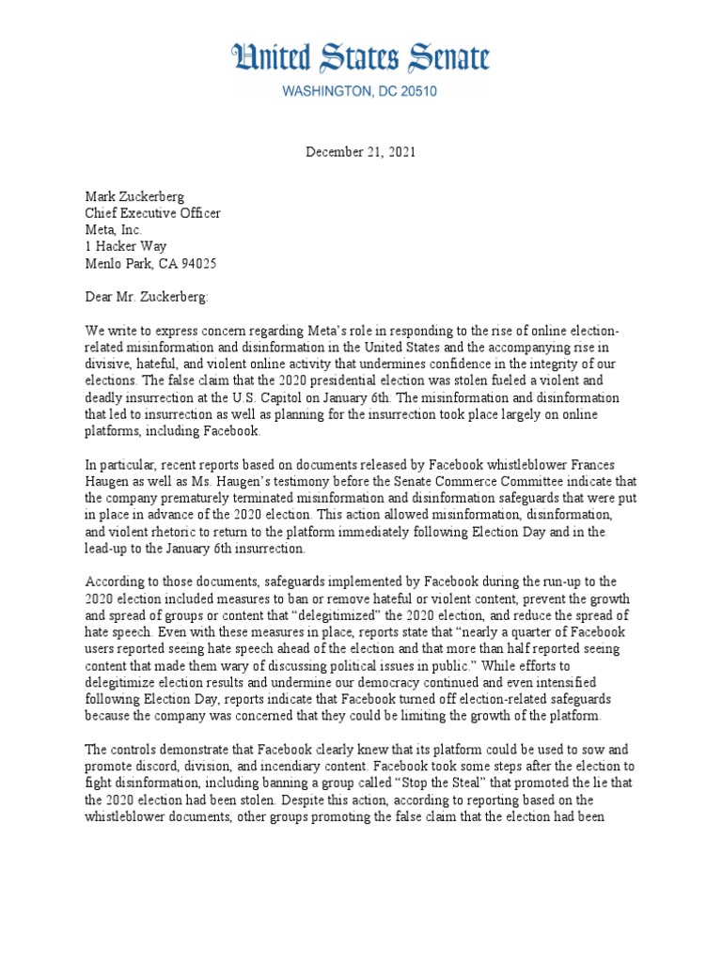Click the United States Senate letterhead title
pos(360,58)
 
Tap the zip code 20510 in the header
pos(413,92)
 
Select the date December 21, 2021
pos(361,151)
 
